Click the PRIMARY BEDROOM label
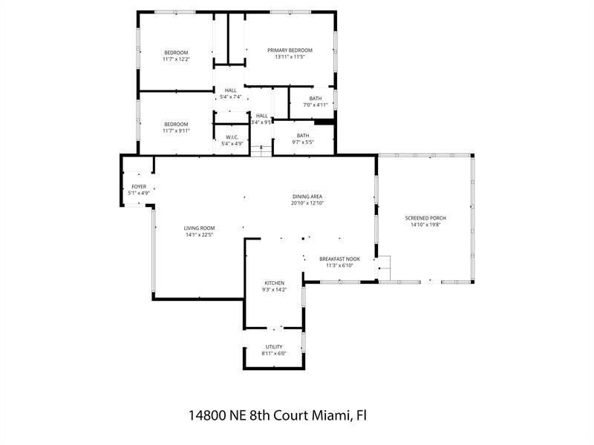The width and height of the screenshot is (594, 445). (290, 50)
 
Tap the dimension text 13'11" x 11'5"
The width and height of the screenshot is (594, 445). (290, 57)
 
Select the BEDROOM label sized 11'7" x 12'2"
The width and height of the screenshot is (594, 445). (176, 52)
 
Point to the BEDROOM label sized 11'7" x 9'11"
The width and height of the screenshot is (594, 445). (176, 124)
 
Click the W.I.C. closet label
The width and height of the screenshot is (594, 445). (232, 136)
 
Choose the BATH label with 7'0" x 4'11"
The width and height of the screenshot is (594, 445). (316, 98)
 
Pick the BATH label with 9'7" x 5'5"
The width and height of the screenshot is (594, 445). (302, 135)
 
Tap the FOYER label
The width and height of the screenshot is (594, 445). (139, 186)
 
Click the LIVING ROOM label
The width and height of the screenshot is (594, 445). (200, 228)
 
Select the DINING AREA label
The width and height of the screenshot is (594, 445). (306, 196)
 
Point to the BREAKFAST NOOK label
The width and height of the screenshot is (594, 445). (339, 259)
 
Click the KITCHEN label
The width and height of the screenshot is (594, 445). (275, 283)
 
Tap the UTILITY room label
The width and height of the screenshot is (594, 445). (274, 346)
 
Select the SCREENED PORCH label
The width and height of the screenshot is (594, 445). (425, 218)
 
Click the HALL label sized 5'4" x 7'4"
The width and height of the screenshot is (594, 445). (230, 90)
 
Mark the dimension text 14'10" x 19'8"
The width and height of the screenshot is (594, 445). (425, 225)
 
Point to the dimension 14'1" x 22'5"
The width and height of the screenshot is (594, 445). (200, 234)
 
